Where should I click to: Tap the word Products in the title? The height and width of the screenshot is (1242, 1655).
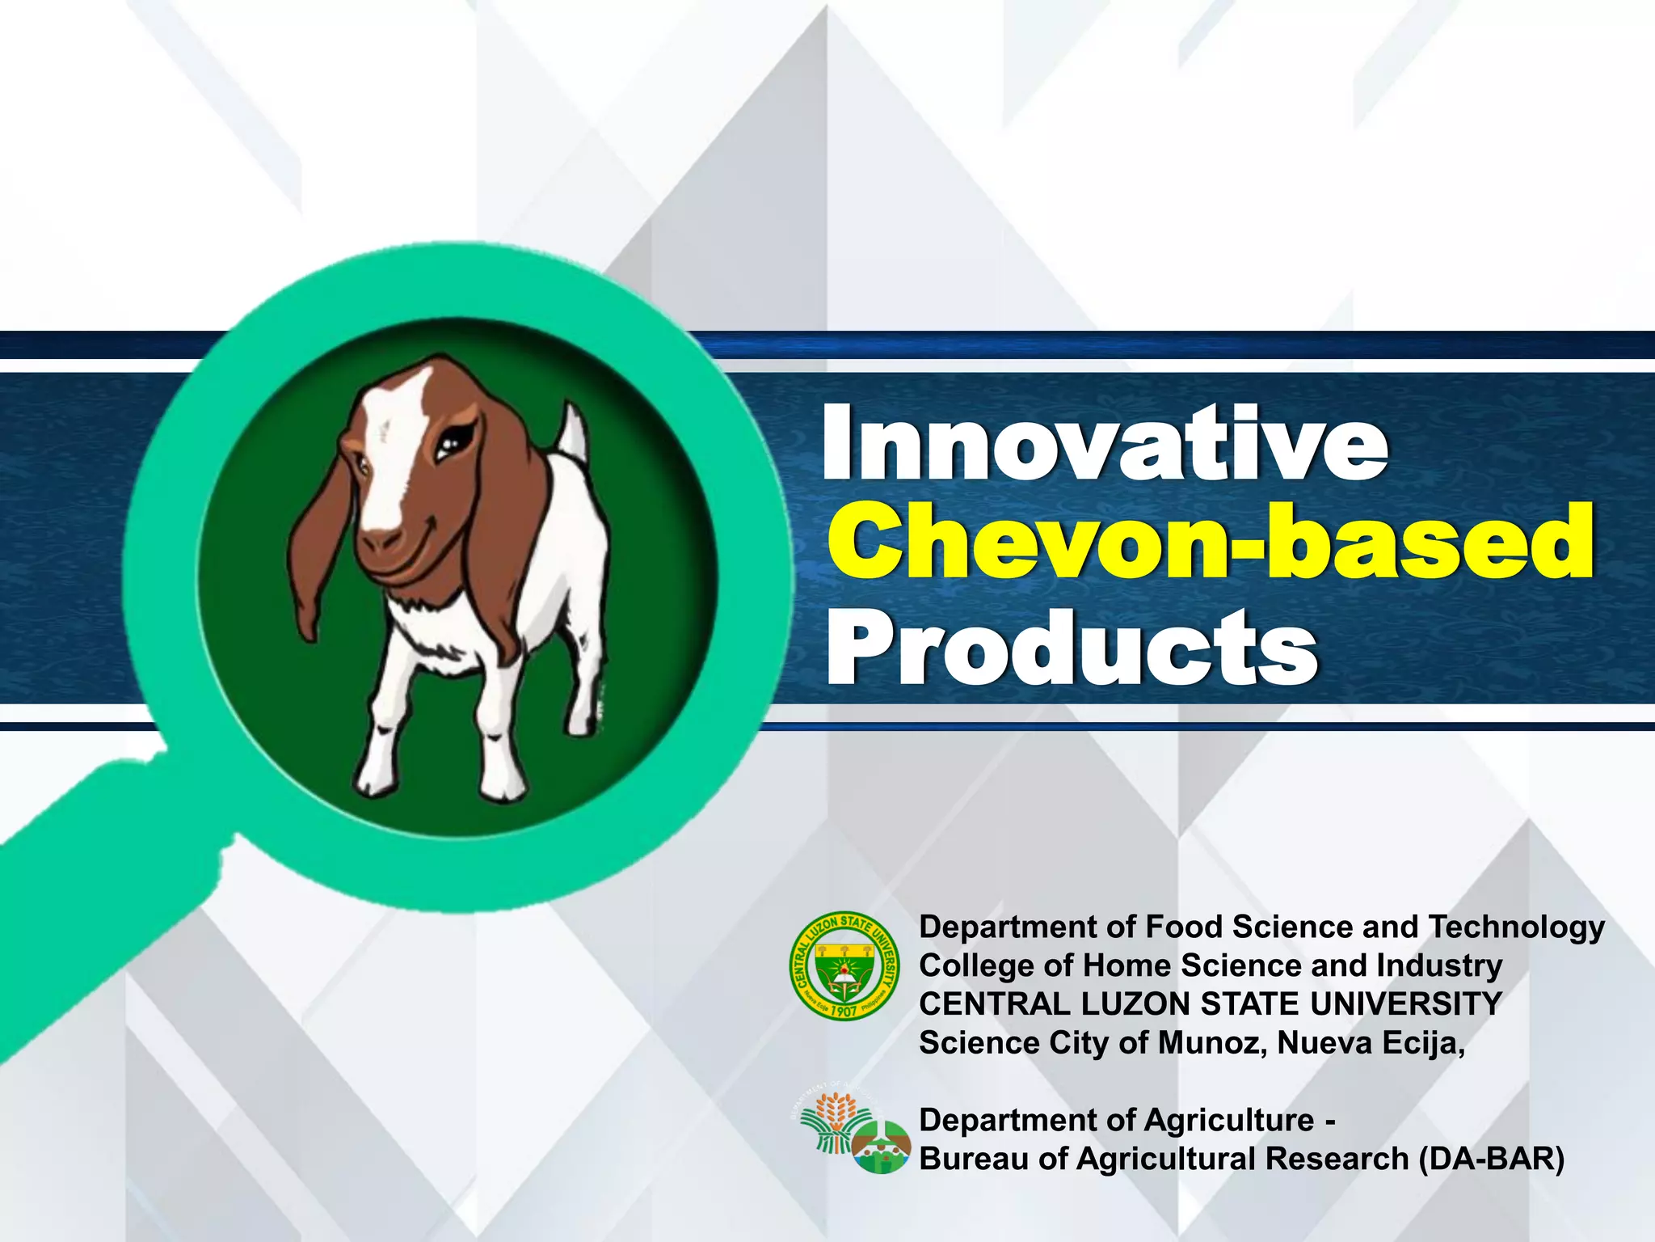pyautogui.click(x=1072, y=647)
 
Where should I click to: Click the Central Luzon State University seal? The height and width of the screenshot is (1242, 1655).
pyautogui.click(x=844, y=967)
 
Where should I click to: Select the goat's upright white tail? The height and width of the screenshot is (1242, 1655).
pyautogui.click(x=573, y=433)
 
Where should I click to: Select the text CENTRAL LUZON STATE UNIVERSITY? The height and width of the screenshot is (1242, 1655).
pyautogui.click(x=1210, y=1004)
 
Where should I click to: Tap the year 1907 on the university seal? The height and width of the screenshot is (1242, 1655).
pyautogui.click(x=844, y=1011)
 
